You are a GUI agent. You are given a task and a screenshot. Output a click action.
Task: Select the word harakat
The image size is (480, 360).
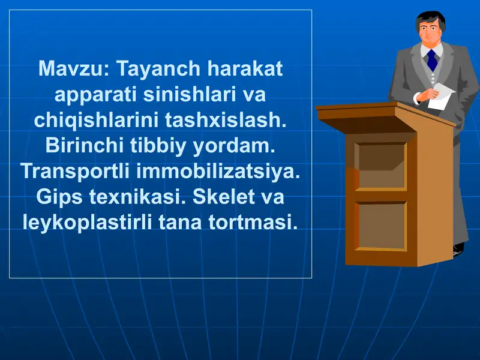click(244, 69)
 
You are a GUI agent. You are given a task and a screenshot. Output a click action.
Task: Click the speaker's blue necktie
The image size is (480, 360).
click(431, 60)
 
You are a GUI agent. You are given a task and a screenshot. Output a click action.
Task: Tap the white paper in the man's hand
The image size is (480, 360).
click(441, 95)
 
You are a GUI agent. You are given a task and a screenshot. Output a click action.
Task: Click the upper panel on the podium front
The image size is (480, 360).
click(380, 165)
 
